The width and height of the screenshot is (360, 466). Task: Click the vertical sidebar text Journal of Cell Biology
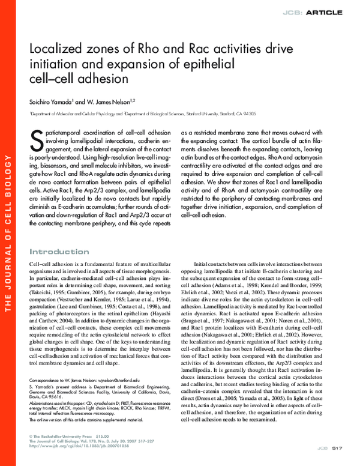[8, 240]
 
